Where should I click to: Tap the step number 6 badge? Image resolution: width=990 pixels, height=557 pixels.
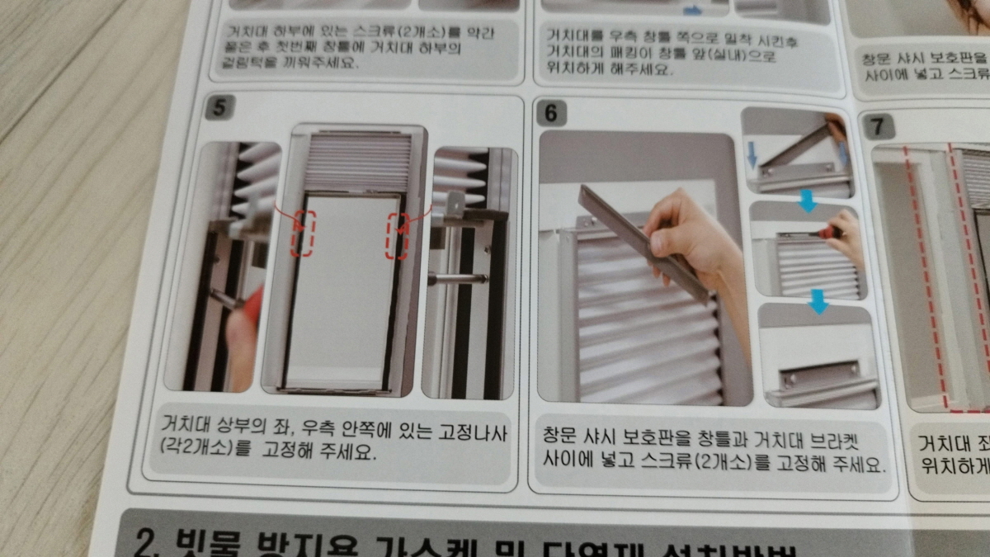point(551,114)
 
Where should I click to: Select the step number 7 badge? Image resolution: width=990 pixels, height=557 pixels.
point(877,127)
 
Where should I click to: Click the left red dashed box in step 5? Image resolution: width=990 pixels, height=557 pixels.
point(302,234)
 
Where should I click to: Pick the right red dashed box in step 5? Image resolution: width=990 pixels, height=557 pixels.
point(397,237)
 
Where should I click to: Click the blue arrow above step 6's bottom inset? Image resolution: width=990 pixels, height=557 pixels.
point(818,303)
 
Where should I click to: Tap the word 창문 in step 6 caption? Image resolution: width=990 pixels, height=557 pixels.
point(562,436)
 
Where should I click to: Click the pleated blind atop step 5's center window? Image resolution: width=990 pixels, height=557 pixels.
point(358,162)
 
